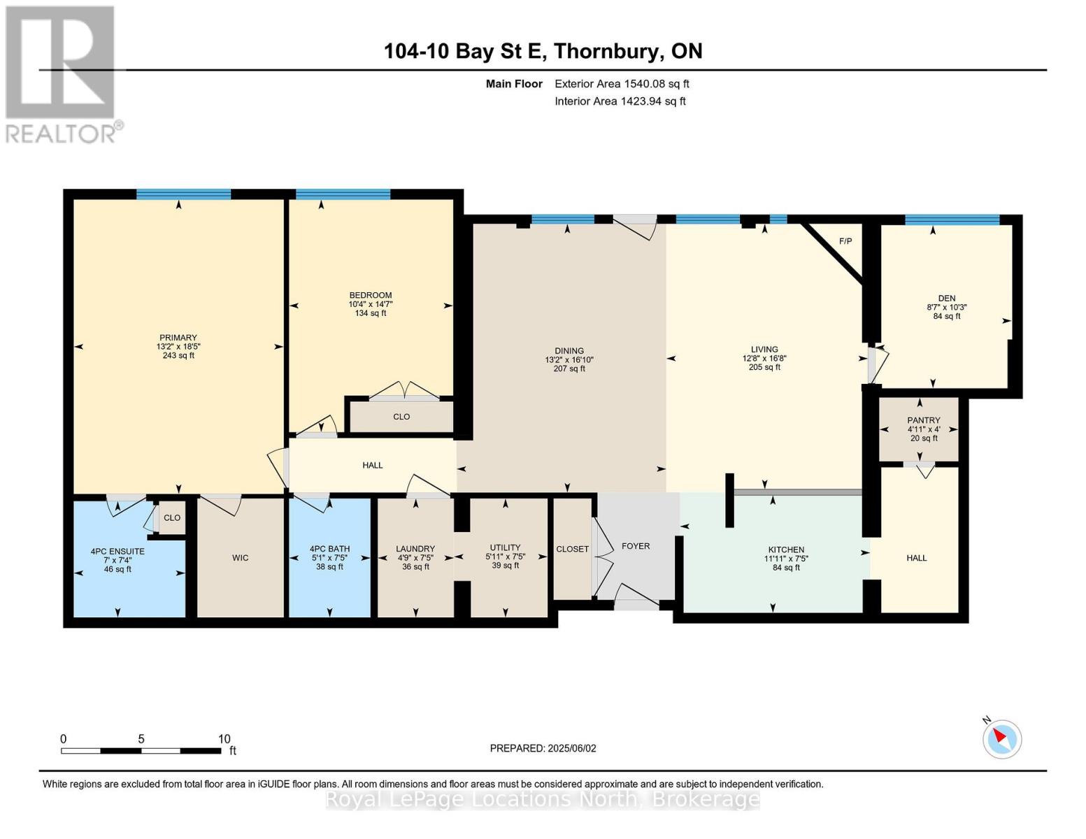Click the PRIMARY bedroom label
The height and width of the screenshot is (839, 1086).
coord(178,338)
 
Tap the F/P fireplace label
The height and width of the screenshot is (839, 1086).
coord(845,241)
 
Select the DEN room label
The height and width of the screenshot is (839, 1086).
coord(946,298)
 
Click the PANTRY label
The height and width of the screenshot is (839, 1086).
coord(924,420)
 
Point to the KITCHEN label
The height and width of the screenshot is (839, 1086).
coord(786,550)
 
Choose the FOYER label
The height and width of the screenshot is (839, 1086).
coord(635,546)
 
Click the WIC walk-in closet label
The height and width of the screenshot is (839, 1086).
coord(240,558)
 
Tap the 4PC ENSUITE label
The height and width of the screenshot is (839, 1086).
coord(117,551)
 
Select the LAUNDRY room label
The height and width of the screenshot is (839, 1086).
coord(415,549)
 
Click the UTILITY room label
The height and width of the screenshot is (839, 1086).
coord(505,548)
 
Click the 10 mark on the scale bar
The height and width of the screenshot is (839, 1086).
coord(224,739)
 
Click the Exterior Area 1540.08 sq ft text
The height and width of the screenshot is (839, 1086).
coord(622,84)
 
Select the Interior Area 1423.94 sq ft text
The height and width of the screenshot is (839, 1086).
coord(620,101)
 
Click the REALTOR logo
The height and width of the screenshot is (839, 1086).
coord(62,73)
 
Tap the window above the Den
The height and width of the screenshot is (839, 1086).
coord(952,220)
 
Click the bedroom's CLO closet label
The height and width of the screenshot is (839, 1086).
coord(401,417)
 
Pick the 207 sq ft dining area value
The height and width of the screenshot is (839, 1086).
coord(569,368)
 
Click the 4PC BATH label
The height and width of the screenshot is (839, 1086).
coord(329,549)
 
